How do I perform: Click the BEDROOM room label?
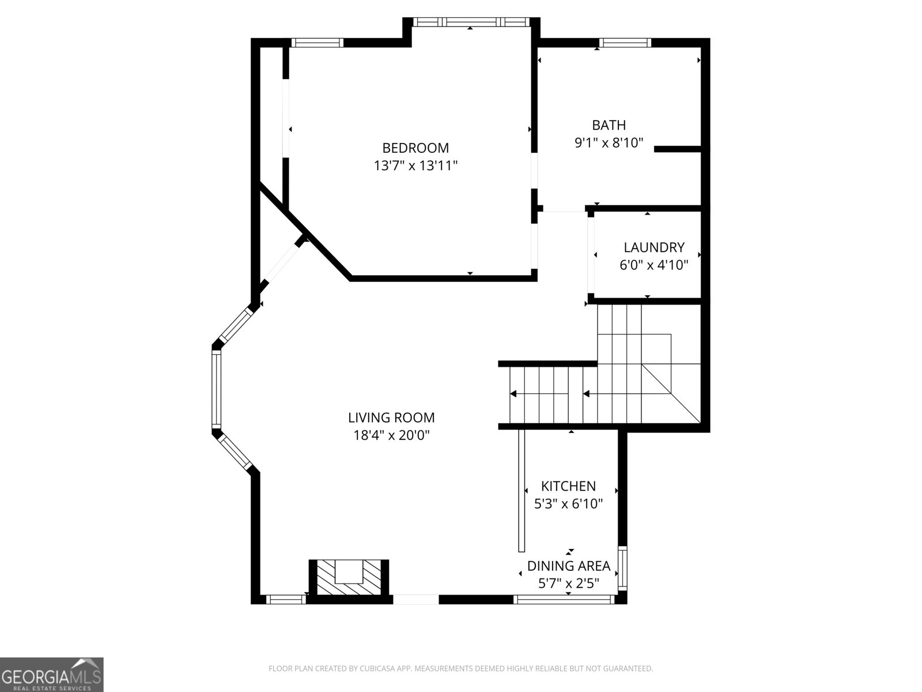point(415,148)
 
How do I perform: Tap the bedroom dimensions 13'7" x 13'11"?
point(415,166)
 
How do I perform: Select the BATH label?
point(609,125)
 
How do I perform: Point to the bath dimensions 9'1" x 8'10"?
point(609,142)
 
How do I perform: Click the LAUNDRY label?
point(654,247)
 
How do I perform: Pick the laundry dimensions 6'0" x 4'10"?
point(654,265)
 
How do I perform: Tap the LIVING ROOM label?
point(391,417)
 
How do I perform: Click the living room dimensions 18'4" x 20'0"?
point(391,435)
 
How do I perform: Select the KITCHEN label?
point(568,486)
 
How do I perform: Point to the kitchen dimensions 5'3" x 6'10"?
point(568,504)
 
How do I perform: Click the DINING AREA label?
point(569,566)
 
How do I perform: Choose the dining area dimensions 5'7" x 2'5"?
point(569,584)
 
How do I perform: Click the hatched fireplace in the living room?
point(349,577)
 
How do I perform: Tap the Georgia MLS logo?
point(51,675)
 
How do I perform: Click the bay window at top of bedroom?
point(471,22)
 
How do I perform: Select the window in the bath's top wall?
point(625,42)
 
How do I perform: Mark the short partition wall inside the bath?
point(677,149)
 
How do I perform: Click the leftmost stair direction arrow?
point(513,394)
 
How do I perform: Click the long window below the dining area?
point(564,600)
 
